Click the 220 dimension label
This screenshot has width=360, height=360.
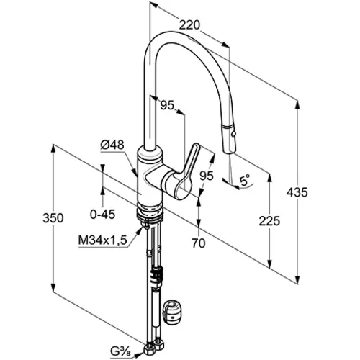click(189, 25)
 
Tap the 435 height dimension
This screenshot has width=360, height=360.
click(297, 192)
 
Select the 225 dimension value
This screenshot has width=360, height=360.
click(269, 221)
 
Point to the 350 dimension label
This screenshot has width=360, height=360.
click(53, 218)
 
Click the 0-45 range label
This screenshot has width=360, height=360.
click(102, 214)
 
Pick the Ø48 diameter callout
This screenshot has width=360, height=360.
click(112, 145)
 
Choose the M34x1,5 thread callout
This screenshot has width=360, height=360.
click(102, 240)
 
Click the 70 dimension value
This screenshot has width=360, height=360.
click(199, 243)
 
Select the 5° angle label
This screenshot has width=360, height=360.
click(245, 180)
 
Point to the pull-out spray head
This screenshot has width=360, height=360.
click(229, 138)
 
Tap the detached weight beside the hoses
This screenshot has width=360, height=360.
click(173, 311)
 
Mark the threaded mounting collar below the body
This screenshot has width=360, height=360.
click(150, 212)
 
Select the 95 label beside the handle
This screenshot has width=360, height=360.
click(207, 176)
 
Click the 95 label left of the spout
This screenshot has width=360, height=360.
click(167, 105)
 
